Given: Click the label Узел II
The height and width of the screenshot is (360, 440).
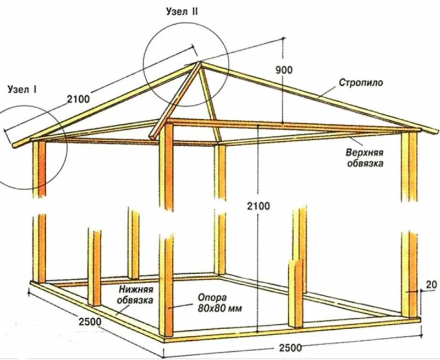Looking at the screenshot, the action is point(182,12).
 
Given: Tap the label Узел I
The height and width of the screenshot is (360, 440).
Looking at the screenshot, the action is point(23,90).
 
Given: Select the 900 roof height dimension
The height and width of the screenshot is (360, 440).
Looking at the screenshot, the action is point(283,70).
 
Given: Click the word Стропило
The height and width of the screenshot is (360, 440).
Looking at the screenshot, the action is point(361,82).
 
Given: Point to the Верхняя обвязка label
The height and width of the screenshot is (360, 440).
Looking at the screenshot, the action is point(365,158).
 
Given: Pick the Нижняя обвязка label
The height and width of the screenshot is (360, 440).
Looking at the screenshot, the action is point(135,295).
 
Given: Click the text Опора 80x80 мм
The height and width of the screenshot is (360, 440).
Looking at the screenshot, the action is point(219,303).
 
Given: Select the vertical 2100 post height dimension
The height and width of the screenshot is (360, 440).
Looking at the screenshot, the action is point(258,206).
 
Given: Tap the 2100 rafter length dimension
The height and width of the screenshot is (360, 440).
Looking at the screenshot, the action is point(79,99).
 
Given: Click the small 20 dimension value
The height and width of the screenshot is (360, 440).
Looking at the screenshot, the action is point(432,285).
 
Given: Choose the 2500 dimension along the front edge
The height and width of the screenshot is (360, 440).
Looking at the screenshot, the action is point(290,348).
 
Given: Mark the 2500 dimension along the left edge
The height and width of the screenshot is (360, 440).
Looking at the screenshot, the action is point(90,322).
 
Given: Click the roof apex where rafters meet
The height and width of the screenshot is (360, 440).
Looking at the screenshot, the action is point(200,63).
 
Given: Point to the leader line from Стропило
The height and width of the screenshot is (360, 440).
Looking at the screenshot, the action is point(327,91).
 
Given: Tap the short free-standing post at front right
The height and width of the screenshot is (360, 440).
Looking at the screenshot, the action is point(296,293).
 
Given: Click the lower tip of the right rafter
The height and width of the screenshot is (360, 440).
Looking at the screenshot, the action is point(437,132).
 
